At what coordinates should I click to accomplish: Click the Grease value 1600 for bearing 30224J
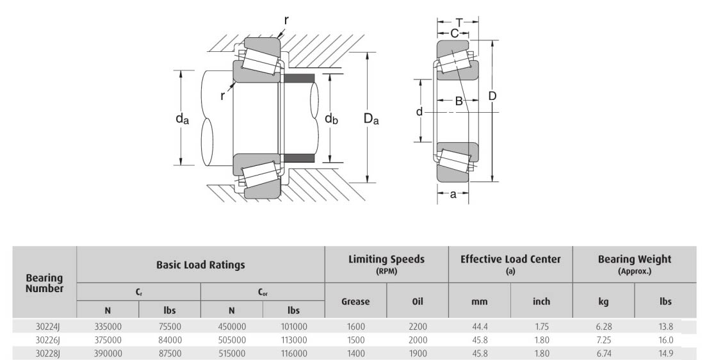point(355,327)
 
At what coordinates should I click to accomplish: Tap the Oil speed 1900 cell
point(418,354)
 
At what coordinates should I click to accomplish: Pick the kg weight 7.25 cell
point(604,340)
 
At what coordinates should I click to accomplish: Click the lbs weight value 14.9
point(665,354)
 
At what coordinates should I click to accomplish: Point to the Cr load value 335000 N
point(108,327)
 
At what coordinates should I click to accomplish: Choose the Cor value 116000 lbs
point(293,354)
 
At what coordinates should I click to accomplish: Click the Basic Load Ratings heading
point(200,264)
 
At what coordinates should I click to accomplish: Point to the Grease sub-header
point(355,301)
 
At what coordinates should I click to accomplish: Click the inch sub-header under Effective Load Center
point(541,301)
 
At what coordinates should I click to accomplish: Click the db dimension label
point(330,119)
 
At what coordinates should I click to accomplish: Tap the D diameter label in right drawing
point(492,96)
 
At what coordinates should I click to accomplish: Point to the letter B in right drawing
point(459,101)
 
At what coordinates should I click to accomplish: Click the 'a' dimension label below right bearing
point(453,195)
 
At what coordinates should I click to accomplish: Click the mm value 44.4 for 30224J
point(480,327)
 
